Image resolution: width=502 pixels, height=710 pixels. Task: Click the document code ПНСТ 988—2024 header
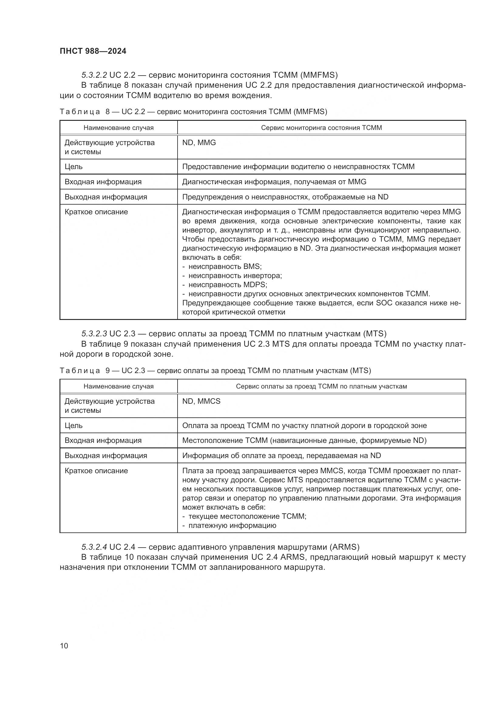[93, 51]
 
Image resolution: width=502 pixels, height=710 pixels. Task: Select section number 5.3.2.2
[94, 75]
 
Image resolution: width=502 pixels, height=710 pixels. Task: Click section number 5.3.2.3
[94, 334]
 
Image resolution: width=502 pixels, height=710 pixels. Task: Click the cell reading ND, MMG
[199, 143]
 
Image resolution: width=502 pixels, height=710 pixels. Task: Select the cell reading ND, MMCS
[201, 401]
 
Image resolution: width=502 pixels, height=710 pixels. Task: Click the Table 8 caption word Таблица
[80, 112]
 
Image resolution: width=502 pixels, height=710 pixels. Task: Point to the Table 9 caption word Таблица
[80, 370]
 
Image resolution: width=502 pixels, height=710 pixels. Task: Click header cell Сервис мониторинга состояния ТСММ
[321, 128]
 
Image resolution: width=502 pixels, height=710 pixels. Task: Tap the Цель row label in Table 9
[73, 426]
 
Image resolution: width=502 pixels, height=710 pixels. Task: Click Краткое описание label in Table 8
[96, 212]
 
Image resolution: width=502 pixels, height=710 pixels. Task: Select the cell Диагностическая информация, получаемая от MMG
[274, 182]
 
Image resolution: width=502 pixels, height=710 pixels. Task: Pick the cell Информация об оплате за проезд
[281, 456]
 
